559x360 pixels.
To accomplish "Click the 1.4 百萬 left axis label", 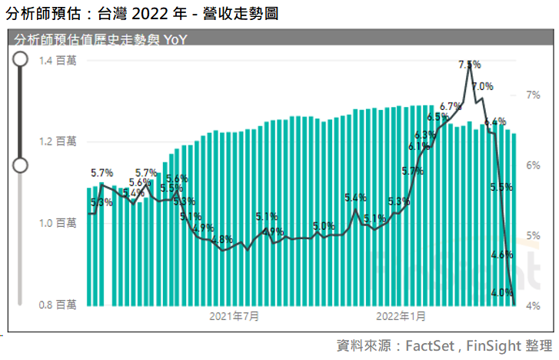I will coord(58,61).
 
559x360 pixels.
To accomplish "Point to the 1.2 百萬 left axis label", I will coord(58,142).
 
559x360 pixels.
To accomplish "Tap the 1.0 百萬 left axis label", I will coord(58,223).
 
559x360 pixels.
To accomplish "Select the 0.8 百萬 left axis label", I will coord(58,305).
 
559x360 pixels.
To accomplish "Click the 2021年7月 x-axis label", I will coord(234,316).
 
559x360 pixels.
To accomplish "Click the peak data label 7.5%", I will coord(469,65).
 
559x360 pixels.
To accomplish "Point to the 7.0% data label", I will coord(482,86).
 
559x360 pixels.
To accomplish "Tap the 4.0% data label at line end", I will coord(501,292).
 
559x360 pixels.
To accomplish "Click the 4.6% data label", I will coord(501,255).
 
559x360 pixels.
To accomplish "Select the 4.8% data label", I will coord(221,239).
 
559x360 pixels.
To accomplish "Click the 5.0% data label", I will coord(324,226).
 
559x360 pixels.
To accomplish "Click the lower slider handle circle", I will coord(21,165).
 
